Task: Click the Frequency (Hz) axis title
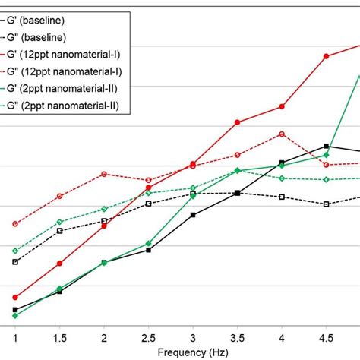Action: click(192, 353)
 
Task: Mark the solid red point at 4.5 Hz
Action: click(326, 56)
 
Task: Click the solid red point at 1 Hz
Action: click(15, 297)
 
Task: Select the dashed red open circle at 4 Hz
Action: click(282, 134)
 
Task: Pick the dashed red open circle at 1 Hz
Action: click(15, 224)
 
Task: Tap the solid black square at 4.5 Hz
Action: click(326, 146)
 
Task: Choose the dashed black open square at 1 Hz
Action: click(15, 262)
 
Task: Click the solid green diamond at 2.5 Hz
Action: click(148, 243)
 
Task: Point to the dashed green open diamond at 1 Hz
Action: click(15, 250)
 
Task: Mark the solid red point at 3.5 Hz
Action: click(237, 122)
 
